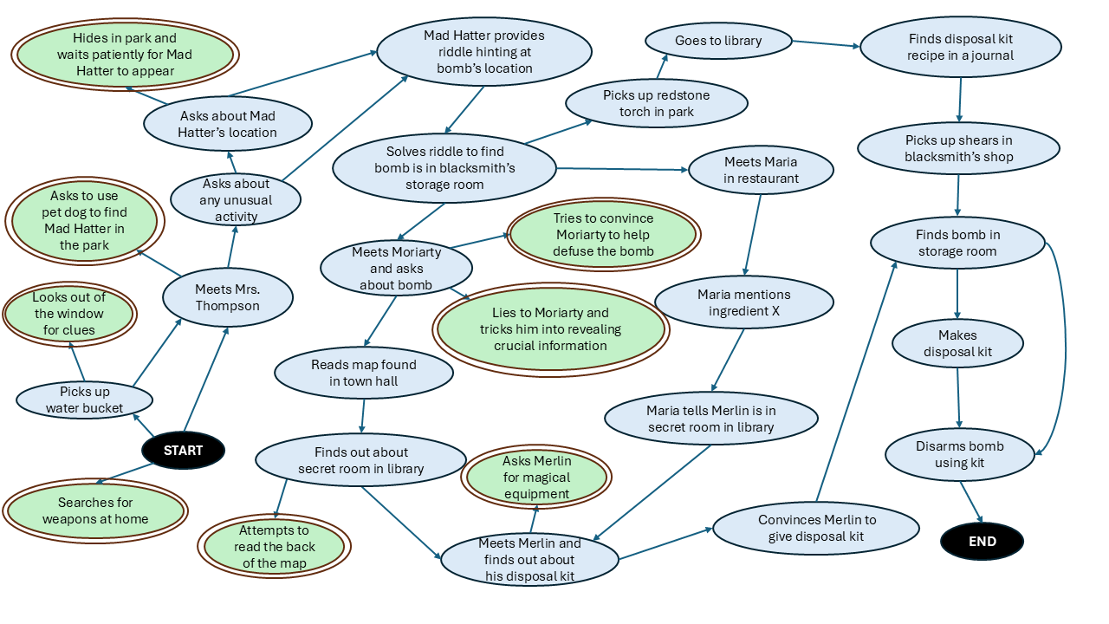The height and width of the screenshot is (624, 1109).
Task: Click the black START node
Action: pos(183,450)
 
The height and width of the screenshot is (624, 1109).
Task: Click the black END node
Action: pos(982,542)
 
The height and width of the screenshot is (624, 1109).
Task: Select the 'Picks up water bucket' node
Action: pos(85,400)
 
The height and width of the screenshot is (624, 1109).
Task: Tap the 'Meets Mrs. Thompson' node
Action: pos(227,297)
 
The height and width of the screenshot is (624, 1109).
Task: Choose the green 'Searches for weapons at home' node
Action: pos(95,510)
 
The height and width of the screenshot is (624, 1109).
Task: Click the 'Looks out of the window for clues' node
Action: pos(68,314)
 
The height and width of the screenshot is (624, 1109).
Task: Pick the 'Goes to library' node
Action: pos(718,41)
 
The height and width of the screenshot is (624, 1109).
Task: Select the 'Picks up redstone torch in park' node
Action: pos(657,103)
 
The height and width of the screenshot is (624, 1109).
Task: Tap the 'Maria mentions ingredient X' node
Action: pos(743,302)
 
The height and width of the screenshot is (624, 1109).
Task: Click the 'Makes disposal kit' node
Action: pos(957,343)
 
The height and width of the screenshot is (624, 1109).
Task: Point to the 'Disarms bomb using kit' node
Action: pos(959,454)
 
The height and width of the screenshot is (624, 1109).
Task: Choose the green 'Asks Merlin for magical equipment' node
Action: pos(536,478)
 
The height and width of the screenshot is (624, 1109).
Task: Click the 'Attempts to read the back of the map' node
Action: pos(274,546)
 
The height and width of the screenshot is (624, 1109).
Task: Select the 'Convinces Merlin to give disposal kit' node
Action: pos(816,528)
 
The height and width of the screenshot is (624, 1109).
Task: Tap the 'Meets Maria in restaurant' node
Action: pos(761,170)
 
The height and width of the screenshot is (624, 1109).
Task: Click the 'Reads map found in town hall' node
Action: pos(363,373)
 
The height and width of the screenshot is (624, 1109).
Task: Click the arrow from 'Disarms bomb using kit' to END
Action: pos(971,502)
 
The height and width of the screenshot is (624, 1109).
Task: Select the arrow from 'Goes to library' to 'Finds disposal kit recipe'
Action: pos(826,43)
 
